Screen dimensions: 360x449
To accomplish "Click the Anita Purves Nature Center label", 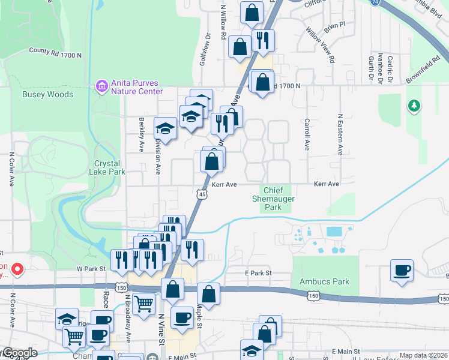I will tap(137, 88).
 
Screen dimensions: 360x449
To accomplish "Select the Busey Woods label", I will tap(47, 94).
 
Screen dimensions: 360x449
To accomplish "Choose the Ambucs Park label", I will tap(324, 281).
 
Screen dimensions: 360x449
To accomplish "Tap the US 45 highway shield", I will tap(202, 194).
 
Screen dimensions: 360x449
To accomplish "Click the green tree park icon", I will tap(413, 106).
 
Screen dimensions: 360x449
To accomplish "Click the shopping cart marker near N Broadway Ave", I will tap(143, 305).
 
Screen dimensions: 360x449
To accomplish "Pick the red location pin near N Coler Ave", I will tap(17, 269).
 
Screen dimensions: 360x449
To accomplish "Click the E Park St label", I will tap(259, 273).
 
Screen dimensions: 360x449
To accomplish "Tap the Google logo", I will tap(19, 353).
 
